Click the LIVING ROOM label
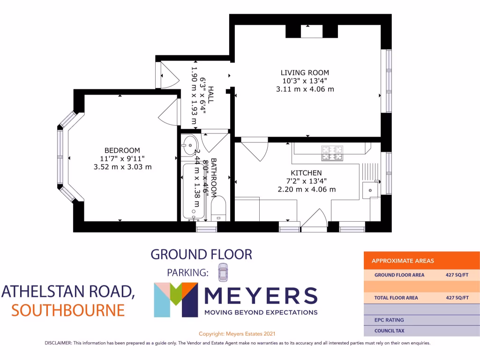point(305,73)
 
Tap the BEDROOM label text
point(122,150)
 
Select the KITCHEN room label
point(306,173)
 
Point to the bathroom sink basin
point(189,144)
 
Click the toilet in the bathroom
point(218,209)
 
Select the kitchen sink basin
point(370,190)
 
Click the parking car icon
point(222,271)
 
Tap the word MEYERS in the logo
point(261,295)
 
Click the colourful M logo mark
point(174,300)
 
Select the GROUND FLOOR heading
point(201,255)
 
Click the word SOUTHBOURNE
point(68,310)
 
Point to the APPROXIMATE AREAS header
point(403,261)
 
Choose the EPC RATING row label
point(389,320)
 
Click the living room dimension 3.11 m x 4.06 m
point(305,89)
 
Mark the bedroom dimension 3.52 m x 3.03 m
point(122,167)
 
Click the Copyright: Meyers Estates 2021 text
point(237,334)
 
